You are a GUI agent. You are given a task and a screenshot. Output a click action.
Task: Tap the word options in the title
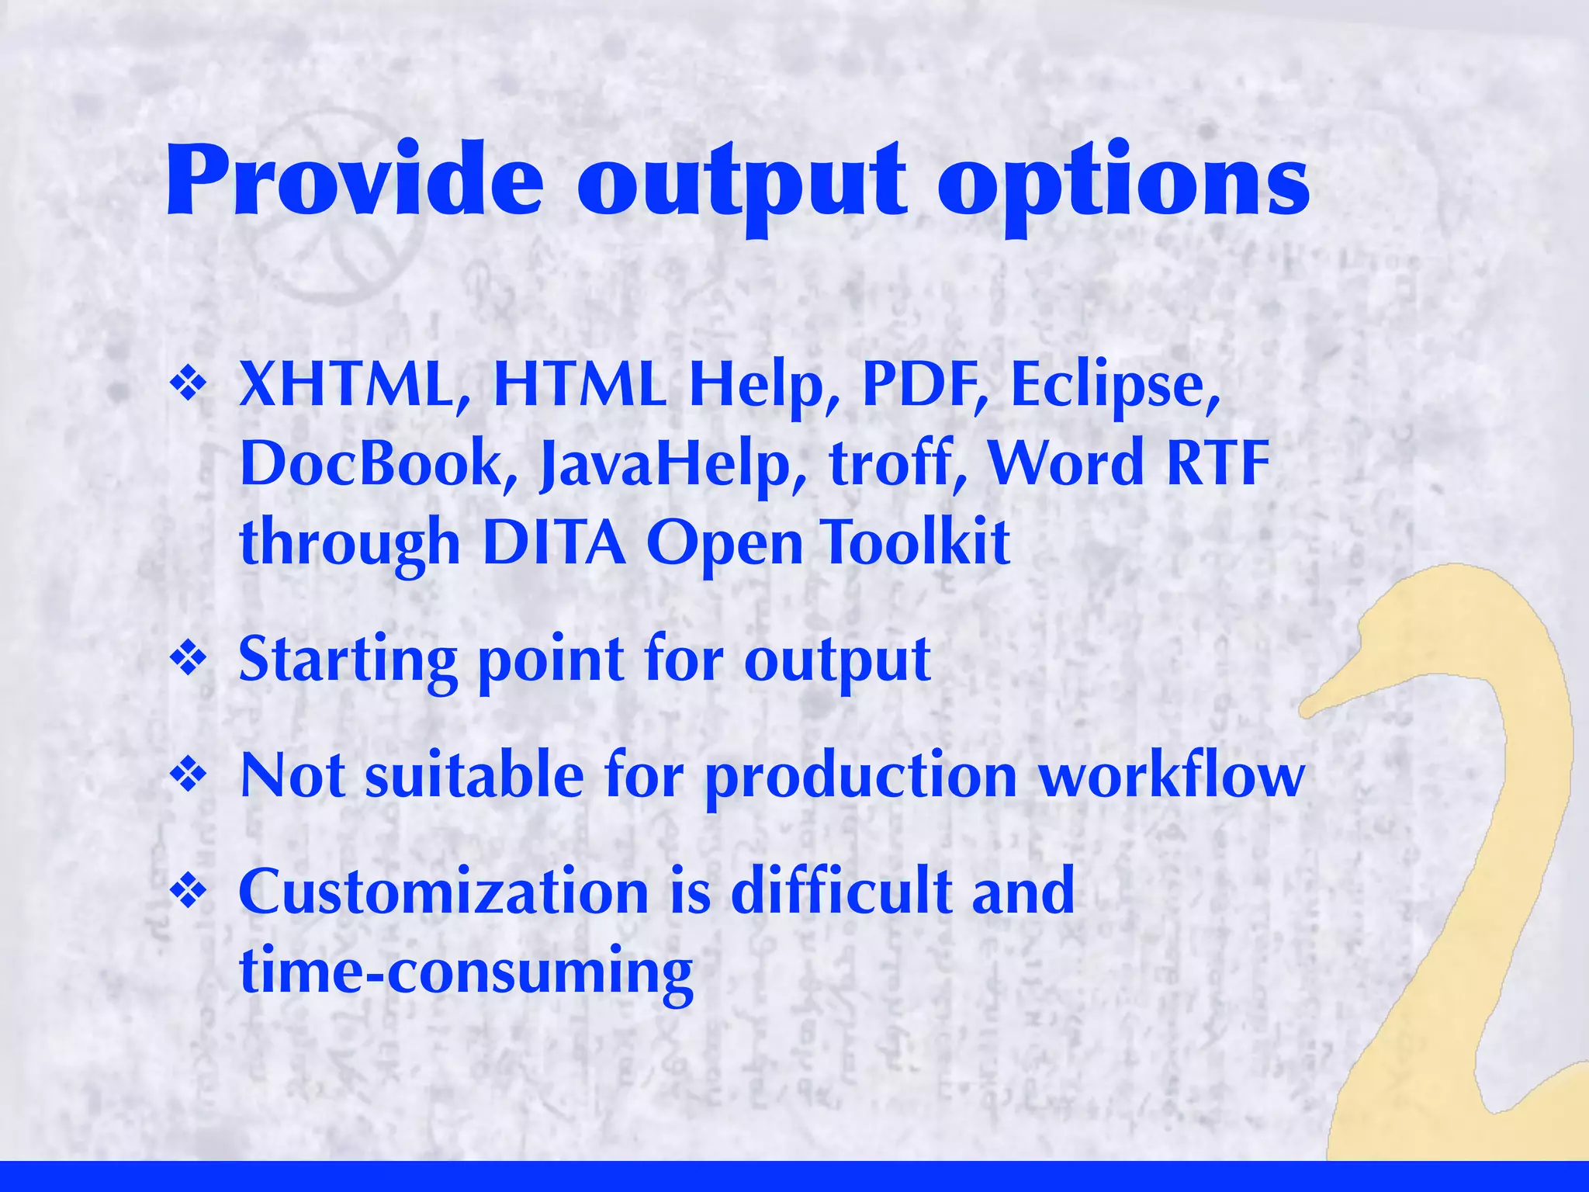point(1123,186)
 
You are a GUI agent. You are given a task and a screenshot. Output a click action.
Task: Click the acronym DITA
point(553,542)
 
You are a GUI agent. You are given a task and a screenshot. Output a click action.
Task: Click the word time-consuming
point(466,972)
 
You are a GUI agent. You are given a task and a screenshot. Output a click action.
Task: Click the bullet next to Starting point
point(189,660)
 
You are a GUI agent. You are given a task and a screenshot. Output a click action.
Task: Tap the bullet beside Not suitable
point(189,774)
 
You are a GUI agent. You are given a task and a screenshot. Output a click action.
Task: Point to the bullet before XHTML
point(189,384)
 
